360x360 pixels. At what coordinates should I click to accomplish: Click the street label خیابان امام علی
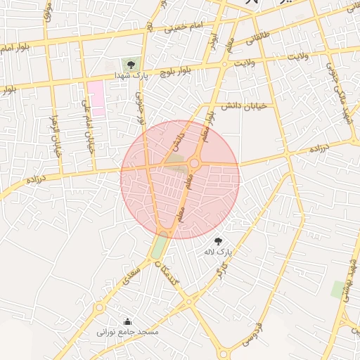88,127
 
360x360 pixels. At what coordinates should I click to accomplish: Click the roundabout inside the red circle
195,164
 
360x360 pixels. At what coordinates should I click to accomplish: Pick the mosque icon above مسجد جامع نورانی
127,321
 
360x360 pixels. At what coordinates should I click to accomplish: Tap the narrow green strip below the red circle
160,246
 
